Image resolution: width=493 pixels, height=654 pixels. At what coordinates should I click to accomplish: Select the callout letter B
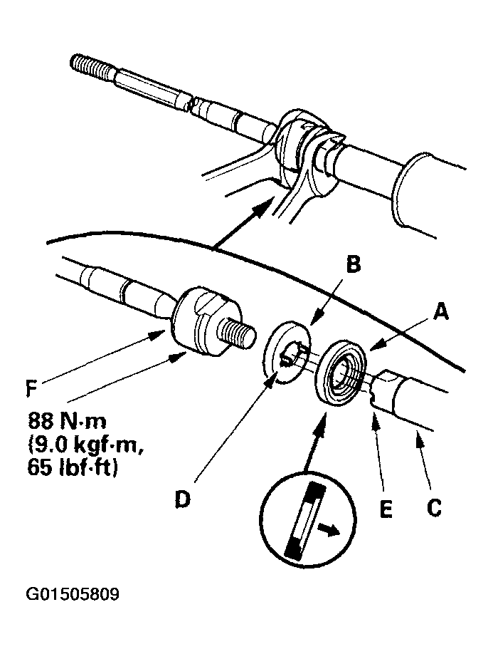(x=354, y=265)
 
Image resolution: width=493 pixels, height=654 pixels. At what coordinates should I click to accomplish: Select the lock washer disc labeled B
(x=287, y=353)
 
